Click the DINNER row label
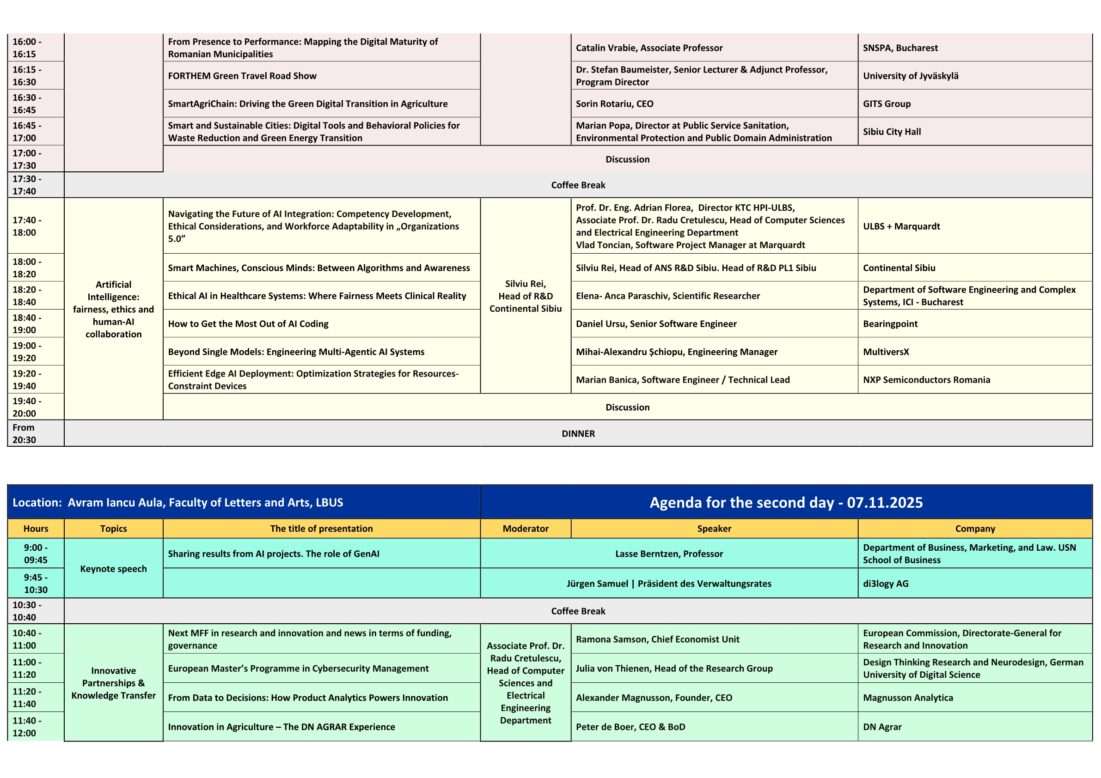578,433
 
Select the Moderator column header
525,528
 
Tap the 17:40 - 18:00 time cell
27,226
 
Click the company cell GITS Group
886,103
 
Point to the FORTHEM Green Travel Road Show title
242,76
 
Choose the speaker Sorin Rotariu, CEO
614,103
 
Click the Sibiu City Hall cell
892,132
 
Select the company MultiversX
886,352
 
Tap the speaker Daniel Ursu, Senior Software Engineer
656,323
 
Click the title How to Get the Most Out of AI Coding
248,323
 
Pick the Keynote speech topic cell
113,569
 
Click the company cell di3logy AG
885,583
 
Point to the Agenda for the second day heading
785,502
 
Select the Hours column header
36,528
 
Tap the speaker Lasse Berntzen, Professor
668,553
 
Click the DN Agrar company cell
882,727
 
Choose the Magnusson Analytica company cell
908,698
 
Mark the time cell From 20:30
24,433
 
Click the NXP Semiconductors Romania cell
926,380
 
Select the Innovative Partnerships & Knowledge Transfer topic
113,683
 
